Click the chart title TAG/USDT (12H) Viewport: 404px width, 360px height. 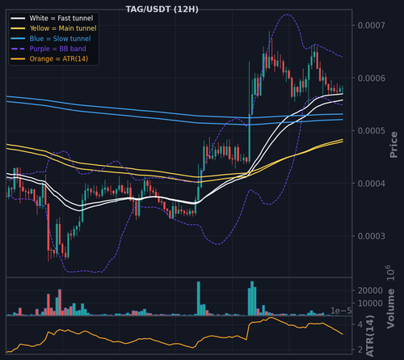click(162, 10)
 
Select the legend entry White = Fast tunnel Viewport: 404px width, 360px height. click(61, 19)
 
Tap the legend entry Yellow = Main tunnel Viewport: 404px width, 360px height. click(63, 28)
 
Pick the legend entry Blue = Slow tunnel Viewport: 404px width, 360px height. click(60, 39)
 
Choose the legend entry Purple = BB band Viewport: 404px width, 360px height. click(58, 49)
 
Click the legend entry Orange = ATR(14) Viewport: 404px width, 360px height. click(59, 59)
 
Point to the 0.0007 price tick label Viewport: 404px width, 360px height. click(371, 25)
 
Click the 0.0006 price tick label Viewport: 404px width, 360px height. click(371, 78)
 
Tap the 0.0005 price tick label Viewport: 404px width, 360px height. click(371, 131)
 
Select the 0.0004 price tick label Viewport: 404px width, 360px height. click(371, 184)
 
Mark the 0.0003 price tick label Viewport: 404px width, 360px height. click(371, 236)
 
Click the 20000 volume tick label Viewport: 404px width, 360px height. click(370, 290)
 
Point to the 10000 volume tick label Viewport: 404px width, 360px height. click(370, 303)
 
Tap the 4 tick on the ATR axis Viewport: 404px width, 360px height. click(360, 324)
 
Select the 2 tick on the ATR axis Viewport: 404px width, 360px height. click(360, 349)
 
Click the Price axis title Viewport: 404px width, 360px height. click(393, 145)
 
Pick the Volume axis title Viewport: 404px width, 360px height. click(390, 308)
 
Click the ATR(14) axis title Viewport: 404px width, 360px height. click(370, 336)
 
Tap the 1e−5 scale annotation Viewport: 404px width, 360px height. click(341, 311)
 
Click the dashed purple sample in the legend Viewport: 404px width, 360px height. click(18, 49)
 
